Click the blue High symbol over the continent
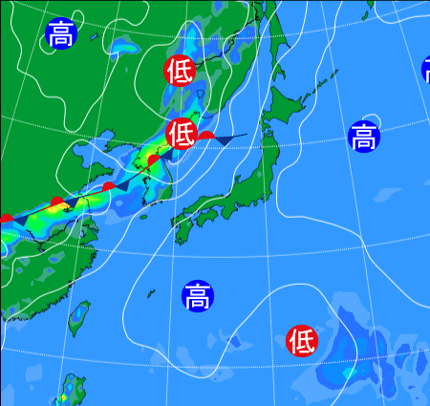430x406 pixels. point(60,34)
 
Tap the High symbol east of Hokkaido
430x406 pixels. point(363,137)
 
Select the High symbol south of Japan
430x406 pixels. point(197,296)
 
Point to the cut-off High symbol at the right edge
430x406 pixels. point(426,69)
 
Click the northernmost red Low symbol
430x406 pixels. point(180,70)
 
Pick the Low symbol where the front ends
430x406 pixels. point(182,133)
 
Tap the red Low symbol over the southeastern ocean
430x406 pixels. point(302,339)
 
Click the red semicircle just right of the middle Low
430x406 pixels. point(206,137)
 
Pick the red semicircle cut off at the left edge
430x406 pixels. point(5,220)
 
